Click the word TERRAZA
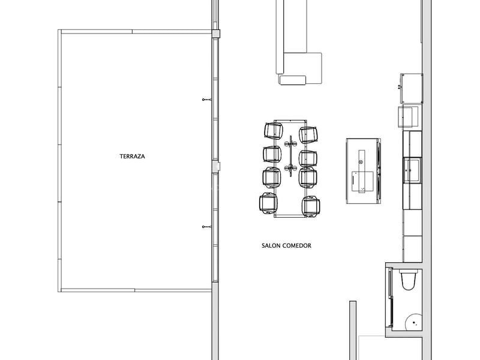(133, 156)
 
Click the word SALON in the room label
(271, 245)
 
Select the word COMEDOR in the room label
(298, 245)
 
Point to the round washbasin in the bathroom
(412, 322)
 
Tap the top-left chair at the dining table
(273, 131)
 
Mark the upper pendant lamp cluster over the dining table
(290, 144)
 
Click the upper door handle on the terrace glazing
(206, 98)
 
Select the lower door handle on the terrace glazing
(206, 226)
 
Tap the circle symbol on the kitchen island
(361, 161)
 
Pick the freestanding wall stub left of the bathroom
(352, 330)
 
